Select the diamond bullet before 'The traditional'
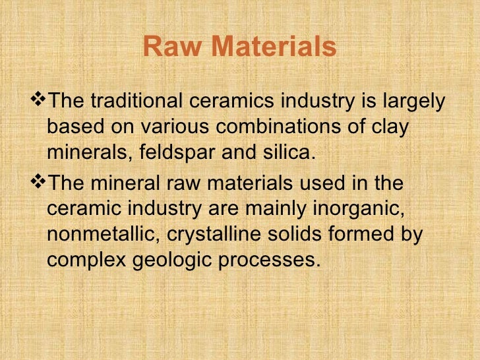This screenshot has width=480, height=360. point(40,101)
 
